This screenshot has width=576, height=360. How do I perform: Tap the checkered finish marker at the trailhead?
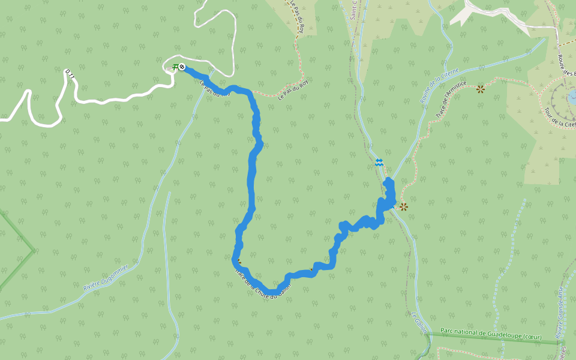coord(182,67)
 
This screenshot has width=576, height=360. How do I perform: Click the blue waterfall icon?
coord(379,162)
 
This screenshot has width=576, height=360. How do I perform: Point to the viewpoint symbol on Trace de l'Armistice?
coord(480,89)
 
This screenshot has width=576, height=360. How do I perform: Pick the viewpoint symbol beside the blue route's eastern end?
coord(403,207)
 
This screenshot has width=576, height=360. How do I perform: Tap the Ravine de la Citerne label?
coord(440,86)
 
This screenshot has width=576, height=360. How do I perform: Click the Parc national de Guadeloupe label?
coord(490,334)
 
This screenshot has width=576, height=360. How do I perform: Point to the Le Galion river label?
coord(419,323)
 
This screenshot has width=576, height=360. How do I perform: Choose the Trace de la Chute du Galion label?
coord(264,284)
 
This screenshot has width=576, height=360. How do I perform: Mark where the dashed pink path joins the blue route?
coord(253,94)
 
